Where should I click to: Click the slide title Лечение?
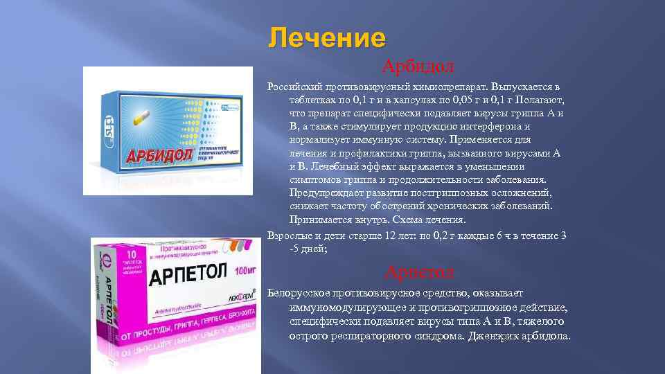pyautogui.click(x=327, y=37)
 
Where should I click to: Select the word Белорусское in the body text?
pyautogui.click(x=303, y=293)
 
